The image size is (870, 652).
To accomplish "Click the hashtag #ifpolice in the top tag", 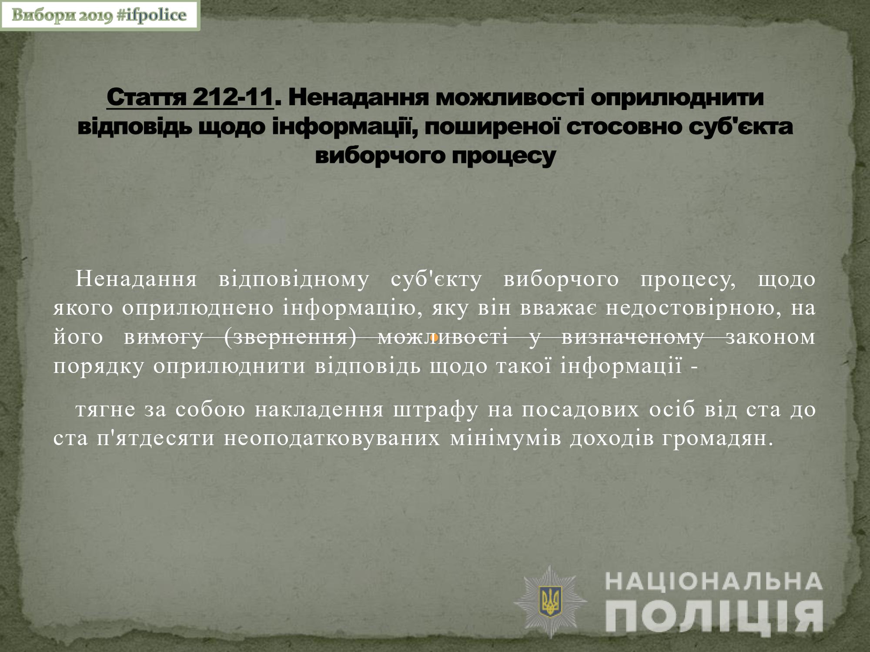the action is (152, 15).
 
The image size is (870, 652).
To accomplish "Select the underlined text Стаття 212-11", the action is (190, 97).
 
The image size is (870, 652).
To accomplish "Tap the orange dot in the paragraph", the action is (433, 337).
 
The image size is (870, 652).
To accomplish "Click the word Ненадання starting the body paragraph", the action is (136, 279).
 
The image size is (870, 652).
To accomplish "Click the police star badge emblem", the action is (551, 602).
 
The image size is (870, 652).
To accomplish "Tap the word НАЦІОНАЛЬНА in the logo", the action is (714, 582).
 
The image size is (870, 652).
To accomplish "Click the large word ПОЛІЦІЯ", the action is (714, 617).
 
